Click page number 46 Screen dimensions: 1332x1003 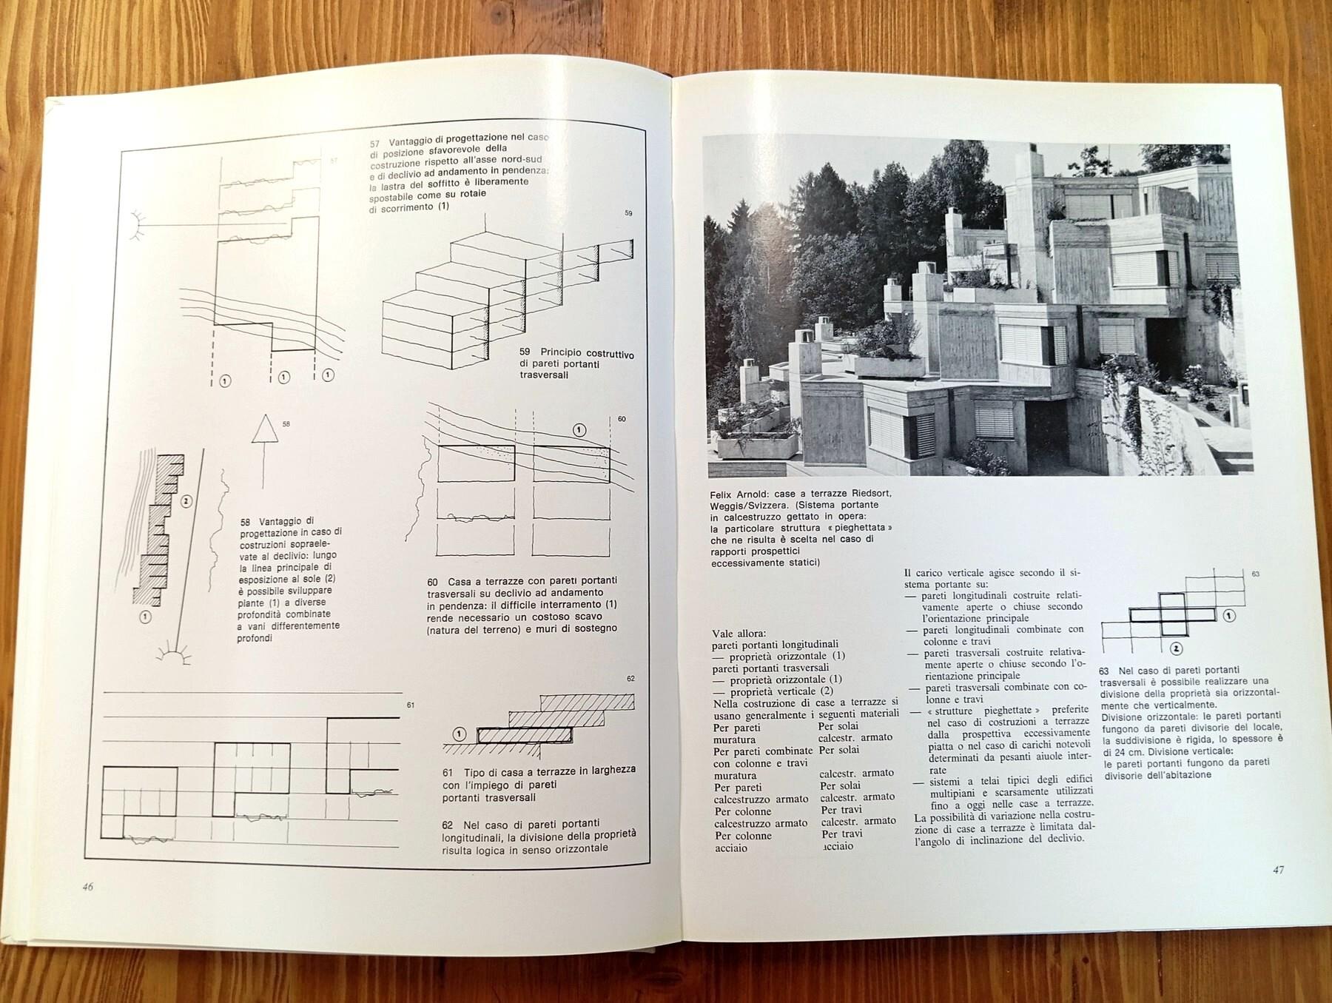coord(88,887)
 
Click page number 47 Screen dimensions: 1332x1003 coord(1278,870)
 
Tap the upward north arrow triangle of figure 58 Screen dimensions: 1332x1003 coord(264,429)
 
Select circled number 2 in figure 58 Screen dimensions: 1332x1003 coord(186,502)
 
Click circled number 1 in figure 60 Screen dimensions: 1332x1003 coord(579,430)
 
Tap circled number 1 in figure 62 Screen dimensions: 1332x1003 coord(460,734)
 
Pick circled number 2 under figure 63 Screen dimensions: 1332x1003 coord(1176,649)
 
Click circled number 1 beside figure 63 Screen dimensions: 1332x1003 coord(1229,615)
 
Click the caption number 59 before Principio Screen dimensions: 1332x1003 coord(525,352)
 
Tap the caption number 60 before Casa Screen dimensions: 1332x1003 coord(433,583)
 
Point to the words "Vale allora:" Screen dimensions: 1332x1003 coord(739,634)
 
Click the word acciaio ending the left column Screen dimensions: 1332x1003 coord(730,848)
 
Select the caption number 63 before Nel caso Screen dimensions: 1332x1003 coord(1104,671)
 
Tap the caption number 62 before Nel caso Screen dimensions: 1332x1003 coord(448,825)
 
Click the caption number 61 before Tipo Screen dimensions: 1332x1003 coord(448,773)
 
